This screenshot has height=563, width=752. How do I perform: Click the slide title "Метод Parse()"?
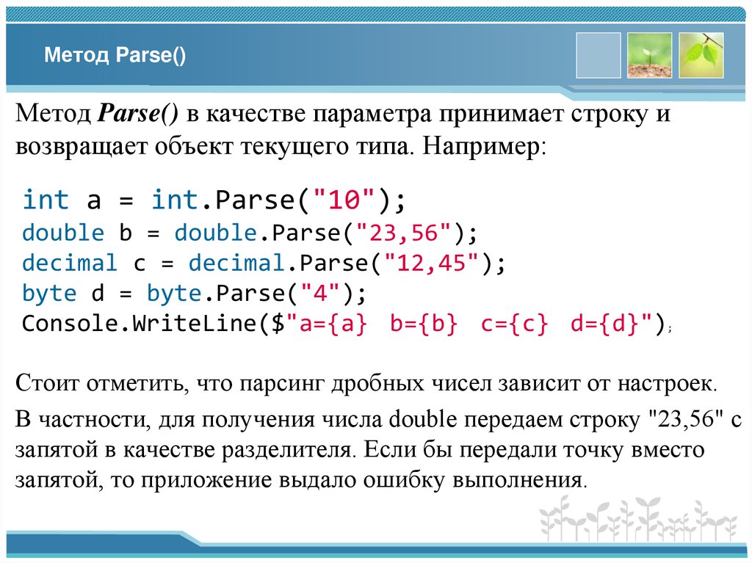click(x=115, y=57)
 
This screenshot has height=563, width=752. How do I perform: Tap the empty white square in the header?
click(x=599, y=55)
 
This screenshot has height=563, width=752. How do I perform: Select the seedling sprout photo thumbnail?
click(x=649, y=55)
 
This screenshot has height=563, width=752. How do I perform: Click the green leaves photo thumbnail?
click(x=701, y=55)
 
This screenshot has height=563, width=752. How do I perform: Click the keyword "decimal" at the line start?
click(x=69, y=263)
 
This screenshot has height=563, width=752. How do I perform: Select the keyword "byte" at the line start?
click(x=49, y=293)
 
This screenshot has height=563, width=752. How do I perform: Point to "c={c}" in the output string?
click(x=514, y=323)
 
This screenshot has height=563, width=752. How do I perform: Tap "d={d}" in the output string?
click(x=605, y=323)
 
